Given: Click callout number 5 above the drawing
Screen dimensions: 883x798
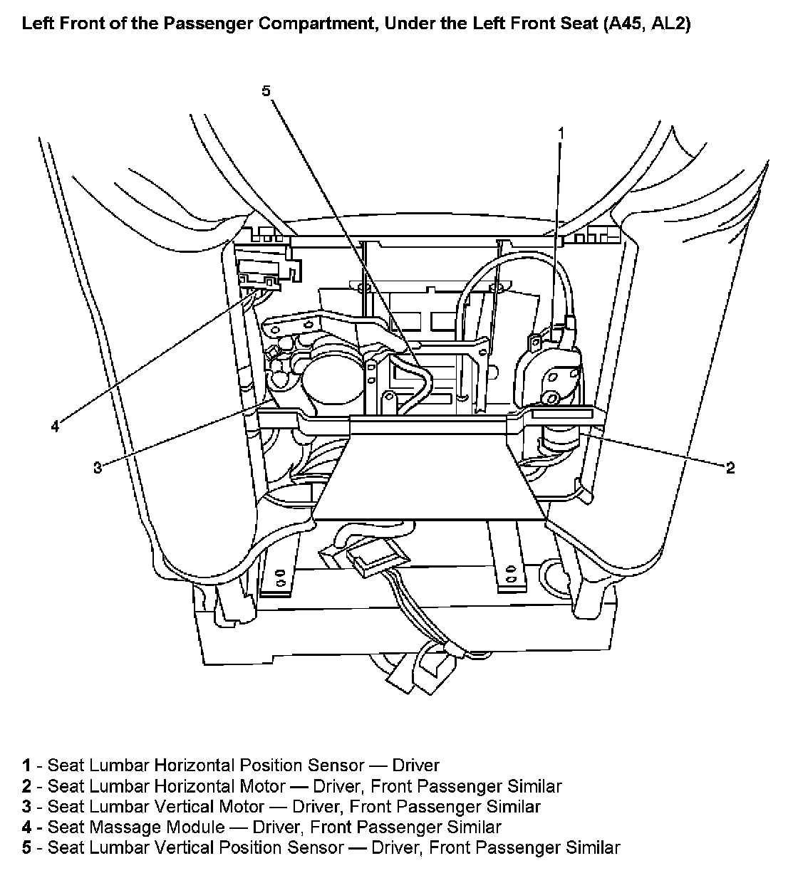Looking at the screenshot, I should point(266,90).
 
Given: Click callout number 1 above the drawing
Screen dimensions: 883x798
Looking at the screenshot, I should point(561,133).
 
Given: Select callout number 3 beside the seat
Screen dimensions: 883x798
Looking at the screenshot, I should point(97,467).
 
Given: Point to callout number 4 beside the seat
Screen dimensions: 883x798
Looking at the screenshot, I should point(55,427).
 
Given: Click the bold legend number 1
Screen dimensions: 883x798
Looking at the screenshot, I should point(26,766).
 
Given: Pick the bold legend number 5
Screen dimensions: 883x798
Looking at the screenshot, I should point(26,848).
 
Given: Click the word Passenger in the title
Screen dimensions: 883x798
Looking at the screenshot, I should point(207,25).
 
